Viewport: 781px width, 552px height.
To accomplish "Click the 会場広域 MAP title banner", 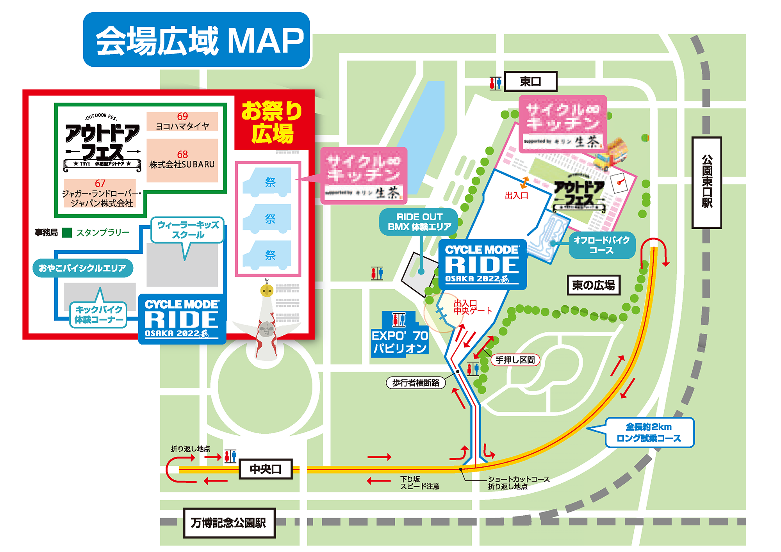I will [x=196, y=40].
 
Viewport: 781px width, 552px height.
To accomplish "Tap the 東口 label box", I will [x=530, y=82].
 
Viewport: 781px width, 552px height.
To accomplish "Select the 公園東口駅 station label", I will [x=706, y=182].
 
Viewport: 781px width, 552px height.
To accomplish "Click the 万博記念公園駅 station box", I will [x=229, y=523].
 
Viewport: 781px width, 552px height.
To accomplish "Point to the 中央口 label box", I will [x=266, y=469].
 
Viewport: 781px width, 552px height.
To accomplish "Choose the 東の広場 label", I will [x=593, y=285].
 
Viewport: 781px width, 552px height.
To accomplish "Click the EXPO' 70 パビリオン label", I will [x=400, y=341].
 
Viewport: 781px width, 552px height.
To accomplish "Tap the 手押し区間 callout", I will [x=515, y=360].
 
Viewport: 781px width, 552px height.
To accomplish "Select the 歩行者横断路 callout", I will [x=416, y=383].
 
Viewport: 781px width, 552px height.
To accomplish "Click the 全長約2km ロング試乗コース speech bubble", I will [x=649, y=433].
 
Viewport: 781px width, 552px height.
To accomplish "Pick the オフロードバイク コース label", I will [x=601, y=245].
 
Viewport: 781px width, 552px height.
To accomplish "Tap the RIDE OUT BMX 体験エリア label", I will [x=419, y=222].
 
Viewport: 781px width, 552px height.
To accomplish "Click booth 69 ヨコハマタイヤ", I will [x=182, y=121].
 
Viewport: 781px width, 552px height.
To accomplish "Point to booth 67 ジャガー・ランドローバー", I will [x=100, y=193].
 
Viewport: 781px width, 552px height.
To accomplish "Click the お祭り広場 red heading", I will [x=272, y=122].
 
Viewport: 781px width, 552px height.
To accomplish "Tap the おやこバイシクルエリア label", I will [x=83, y=268].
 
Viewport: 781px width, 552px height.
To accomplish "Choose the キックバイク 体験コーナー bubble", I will [x=99, y=315].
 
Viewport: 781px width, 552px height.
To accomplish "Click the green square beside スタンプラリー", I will [x=67, y=233].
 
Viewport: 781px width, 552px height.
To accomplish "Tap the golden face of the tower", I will [x=267, y=290].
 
